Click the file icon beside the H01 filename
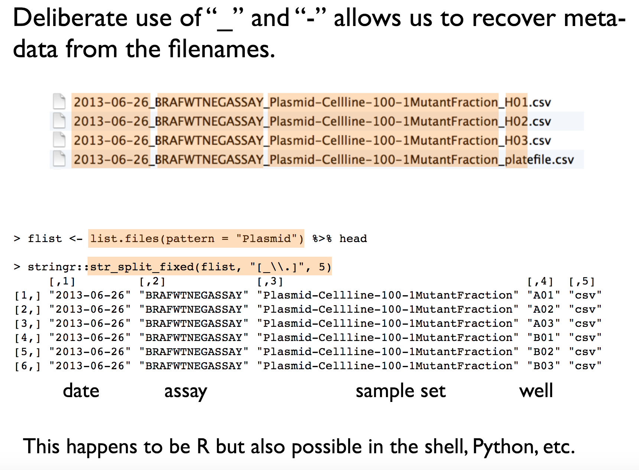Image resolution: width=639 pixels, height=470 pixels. point(59,102)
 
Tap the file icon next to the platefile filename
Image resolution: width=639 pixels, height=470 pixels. point(59,159)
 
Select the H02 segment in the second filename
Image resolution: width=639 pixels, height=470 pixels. point(516,121)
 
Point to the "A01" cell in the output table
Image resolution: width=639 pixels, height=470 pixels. point(544,295)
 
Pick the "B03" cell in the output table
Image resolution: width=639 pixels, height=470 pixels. point(544,366)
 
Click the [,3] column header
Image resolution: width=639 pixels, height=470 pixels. point(270,281)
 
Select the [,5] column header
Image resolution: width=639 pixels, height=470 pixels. point(582,281)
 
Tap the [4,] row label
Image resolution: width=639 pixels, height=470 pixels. point(27,338)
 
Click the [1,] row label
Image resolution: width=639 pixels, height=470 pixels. point(27,295)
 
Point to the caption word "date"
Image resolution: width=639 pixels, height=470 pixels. point(81,391)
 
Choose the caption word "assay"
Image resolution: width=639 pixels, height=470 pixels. point(185,392)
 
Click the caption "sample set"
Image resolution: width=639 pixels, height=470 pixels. point(400,391)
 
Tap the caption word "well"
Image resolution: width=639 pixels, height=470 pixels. point(536,391)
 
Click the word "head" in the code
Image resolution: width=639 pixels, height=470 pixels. point(353,238)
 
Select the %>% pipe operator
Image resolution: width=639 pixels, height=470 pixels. point(322,238)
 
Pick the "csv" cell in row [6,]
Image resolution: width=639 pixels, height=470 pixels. point(585,366)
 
